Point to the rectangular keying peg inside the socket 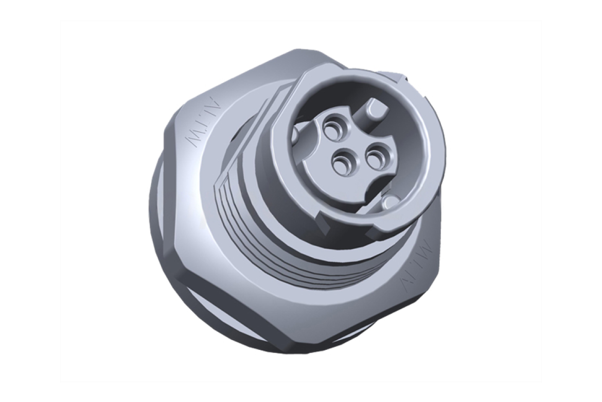coord(377,110)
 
